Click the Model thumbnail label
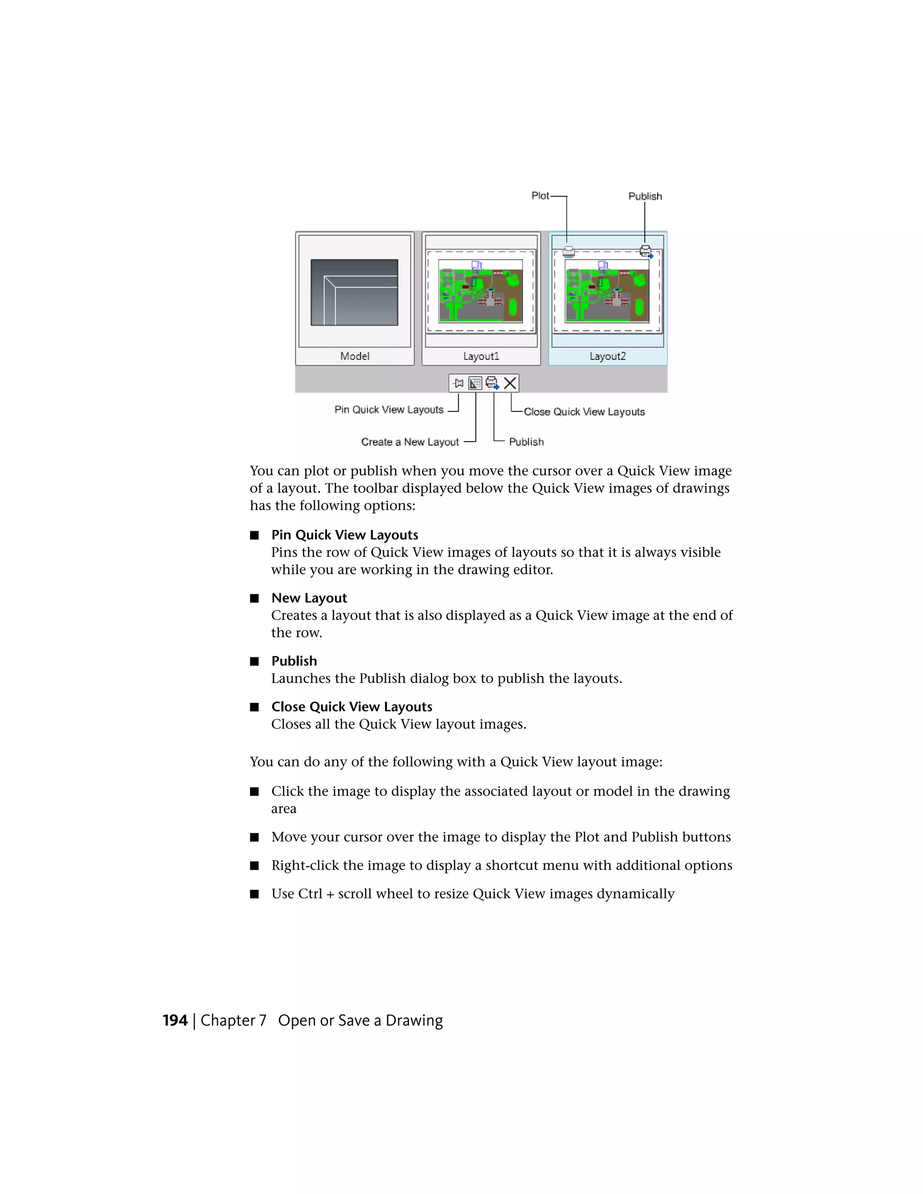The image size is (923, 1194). click(354, 356)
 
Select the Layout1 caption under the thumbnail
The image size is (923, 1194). click(481, 356)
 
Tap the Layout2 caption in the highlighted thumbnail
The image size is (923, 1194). click(608, 356)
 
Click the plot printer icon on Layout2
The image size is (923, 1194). click(569, 252)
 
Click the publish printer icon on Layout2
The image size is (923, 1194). click(646, 251)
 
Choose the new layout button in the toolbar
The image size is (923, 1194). click(475, 383)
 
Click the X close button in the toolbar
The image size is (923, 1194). click(510, 383)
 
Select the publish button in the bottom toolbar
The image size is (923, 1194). click(492, 383)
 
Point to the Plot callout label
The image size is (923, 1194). click(539, 196)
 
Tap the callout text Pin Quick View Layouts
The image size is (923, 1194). click(389, 410)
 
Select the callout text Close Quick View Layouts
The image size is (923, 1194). click(584, 412)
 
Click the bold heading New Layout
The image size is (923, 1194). click(309, 598)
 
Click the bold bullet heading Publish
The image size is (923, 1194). click(294, 661)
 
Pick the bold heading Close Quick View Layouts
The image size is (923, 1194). click(352, 707)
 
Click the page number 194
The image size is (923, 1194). click(175, 1021)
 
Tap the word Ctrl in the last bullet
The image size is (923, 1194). click(310, 894)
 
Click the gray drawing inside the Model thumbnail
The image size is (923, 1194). click(354, 292)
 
